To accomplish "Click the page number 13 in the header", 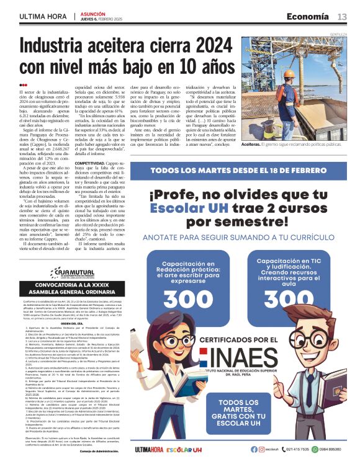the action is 342,16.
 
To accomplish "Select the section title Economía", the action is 308,16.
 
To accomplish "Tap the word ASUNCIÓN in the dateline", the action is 94,13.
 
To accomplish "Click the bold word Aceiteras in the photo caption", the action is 253,144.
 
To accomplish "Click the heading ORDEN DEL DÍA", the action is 72,323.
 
